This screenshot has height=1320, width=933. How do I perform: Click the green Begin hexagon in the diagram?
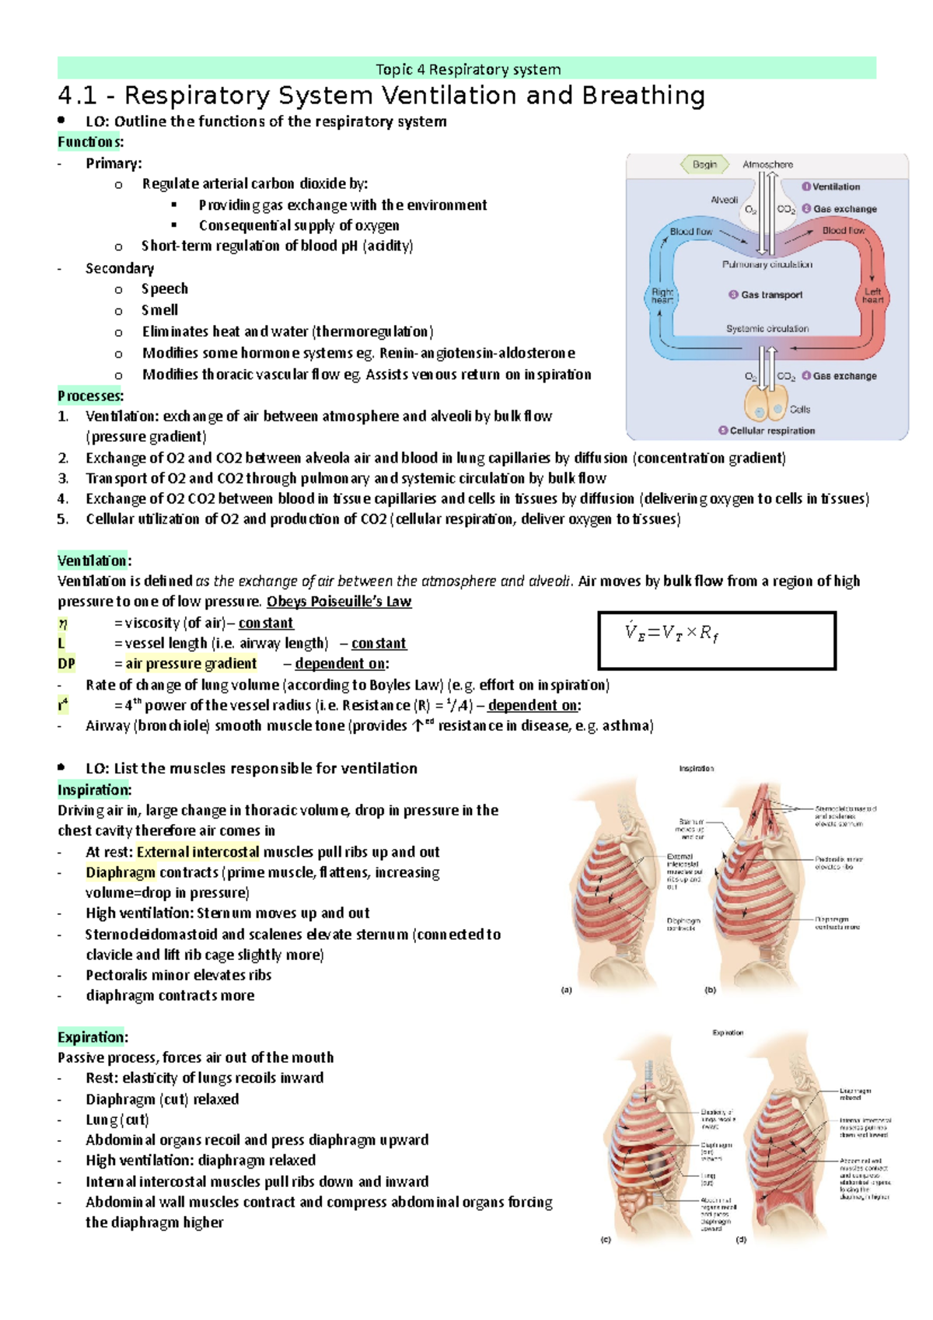(x=704, y=165)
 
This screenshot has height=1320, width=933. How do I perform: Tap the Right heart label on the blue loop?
(x=662, y=296)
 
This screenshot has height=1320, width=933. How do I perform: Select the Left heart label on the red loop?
(x=872, y=296)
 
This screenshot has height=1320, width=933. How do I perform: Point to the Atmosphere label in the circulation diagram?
(x=767, y=165)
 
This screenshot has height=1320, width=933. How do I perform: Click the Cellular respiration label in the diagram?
(x=771, y=431)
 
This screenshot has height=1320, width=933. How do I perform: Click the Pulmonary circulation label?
(x=767, y=264)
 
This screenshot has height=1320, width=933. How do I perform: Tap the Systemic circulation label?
(x=767, y=329)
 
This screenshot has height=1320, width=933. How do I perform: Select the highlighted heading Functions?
(x=90, y=142)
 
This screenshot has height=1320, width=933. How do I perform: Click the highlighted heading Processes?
(x=90, y=396)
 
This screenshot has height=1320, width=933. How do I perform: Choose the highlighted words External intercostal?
(x=197, y=852)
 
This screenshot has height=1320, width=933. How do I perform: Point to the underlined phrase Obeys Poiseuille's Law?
(x=339, y=602)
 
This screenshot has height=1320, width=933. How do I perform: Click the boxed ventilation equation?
(x=716, y=641)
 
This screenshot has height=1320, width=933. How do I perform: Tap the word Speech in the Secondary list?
(x=165, y=289)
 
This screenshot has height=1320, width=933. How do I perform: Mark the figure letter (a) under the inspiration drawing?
(x=567, y=990)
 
